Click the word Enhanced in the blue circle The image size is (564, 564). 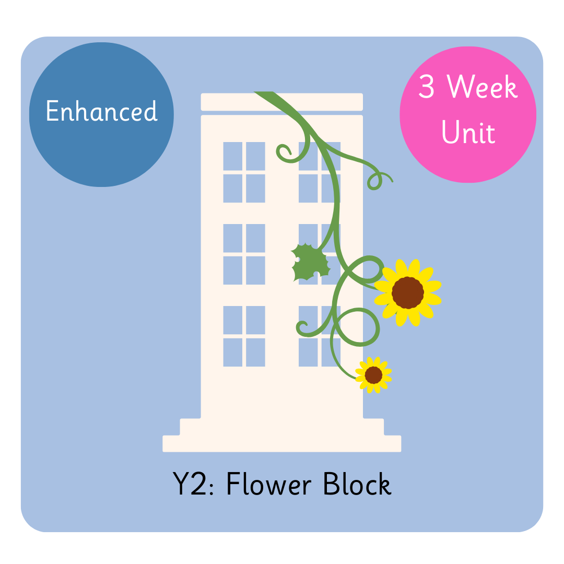point(101,111)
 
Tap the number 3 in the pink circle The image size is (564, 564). point(426,88)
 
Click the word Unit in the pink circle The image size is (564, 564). point(468,133)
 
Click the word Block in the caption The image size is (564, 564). point(357,485)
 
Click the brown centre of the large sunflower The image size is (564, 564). point(407,292)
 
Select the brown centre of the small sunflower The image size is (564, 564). point(373,374)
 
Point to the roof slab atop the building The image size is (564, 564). point(282,102)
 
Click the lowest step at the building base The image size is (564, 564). point(282,443)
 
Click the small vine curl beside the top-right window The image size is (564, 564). point(285,152)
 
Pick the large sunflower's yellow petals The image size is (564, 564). point(429,274)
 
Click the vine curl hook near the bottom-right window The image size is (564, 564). point(302,328)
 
